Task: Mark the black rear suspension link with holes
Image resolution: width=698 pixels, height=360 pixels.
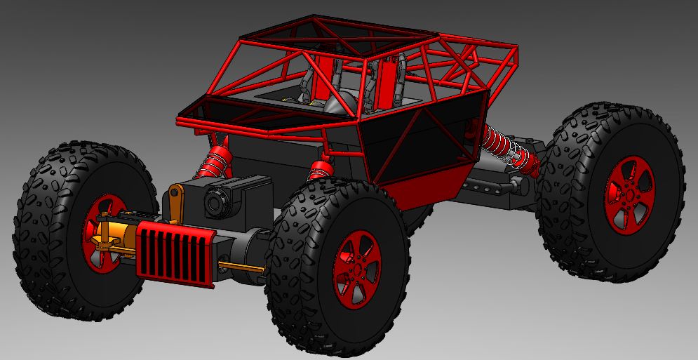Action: pyautogui.click(x=491, y=187)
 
